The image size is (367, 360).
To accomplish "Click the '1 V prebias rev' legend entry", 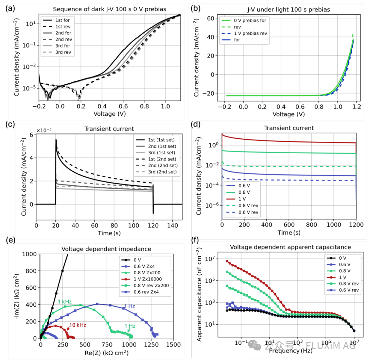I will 249,33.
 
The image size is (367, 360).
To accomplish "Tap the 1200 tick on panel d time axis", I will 355,225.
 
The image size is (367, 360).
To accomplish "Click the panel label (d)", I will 198,125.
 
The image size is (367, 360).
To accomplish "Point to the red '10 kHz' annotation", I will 78,325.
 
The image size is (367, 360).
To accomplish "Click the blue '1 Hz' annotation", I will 129,306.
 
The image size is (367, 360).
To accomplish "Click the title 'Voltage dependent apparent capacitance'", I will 291,247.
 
